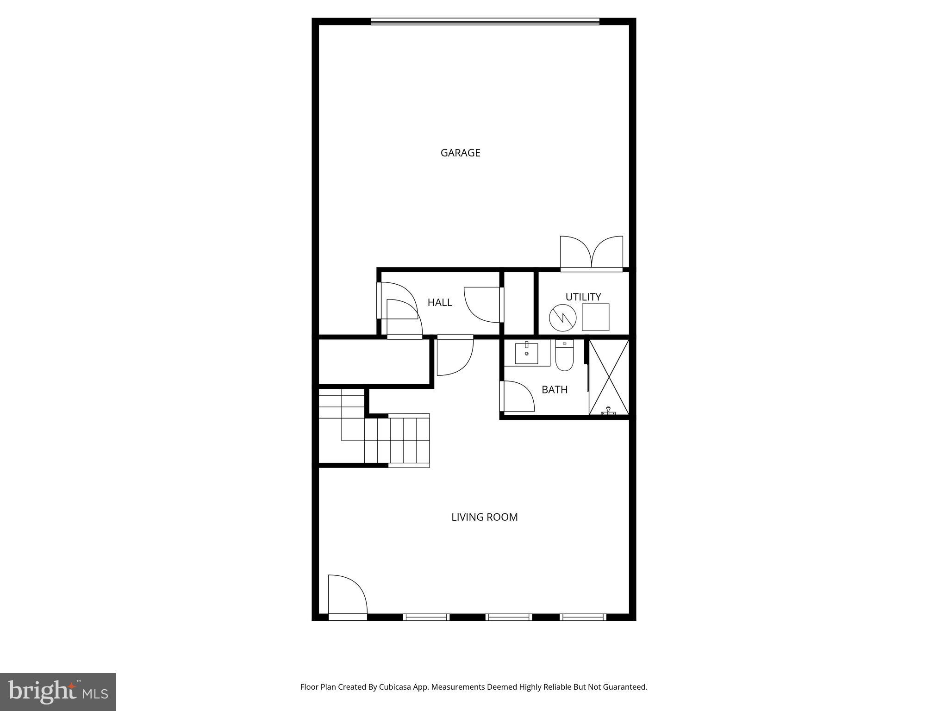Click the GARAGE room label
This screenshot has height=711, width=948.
460,153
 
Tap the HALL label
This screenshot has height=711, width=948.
439,303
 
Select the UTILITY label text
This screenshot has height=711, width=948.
583,297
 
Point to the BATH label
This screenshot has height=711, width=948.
554,390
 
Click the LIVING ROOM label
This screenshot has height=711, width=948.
484,517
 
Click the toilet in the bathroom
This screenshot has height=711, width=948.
564,357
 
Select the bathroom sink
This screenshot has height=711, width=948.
526,353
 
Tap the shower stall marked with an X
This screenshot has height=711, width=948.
609,377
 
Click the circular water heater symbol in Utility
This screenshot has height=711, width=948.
562,318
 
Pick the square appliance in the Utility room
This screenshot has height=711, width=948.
595,317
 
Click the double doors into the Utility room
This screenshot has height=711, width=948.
591,254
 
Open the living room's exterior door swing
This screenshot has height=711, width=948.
347,595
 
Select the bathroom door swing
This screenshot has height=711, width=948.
518,396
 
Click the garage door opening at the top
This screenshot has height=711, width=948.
485,21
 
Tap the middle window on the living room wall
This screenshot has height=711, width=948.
508,617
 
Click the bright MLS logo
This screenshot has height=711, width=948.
58,692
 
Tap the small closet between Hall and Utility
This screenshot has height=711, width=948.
518,303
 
